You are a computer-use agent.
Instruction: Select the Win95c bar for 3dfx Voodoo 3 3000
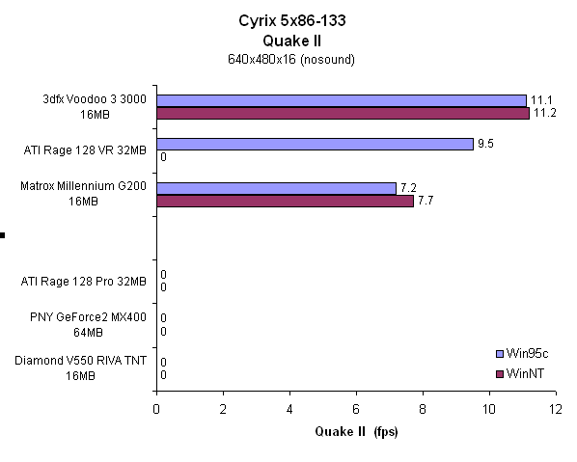coord(341,100)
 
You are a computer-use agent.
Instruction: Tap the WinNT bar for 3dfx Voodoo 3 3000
coord(343,113)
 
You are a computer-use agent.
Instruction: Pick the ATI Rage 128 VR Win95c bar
coord(315,144)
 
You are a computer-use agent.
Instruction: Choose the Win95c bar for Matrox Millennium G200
coord(276,187)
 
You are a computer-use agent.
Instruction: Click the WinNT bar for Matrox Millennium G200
coord(285,201)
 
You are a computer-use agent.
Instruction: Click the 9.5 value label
coord(486,144)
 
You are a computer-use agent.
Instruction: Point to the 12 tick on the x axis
coord(555,409)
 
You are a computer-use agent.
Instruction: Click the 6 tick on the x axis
coord(356,409)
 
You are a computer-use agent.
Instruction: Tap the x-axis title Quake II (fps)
coord(355,431)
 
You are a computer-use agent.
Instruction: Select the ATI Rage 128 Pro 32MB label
coord(84,282)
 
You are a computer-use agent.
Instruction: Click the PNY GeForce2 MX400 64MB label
coord(84,324)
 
